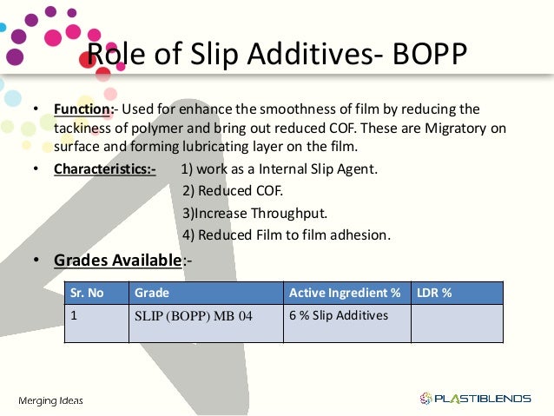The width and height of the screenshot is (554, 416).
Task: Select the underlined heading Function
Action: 82,109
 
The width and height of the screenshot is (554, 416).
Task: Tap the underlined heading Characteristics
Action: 103,169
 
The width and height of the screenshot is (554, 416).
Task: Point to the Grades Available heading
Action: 117,260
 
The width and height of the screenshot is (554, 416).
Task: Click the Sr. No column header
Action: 88,293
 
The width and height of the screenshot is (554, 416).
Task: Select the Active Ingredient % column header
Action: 345,293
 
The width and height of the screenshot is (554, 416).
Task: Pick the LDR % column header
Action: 434,293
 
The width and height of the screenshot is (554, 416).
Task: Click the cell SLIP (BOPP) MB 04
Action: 194,316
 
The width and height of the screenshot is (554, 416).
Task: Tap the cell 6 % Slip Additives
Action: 339,315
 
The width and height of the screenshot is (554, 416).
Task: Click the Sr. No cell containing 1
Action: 75,315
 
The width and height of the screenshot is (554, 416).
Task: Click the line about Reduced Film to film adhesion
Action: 287,234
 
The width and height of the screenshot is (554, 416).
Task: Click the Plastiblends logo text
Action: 481,399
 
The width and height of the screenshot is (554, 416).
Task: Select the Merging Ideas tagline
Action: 51,399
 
